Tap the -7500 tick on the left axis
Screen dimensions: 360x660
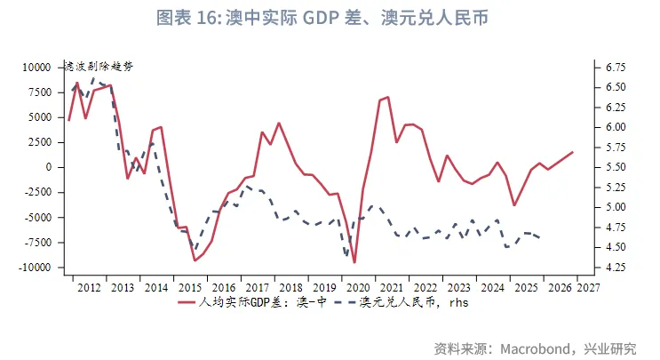point(40,243)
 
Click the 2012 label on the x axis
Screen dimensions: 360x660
point(89,287)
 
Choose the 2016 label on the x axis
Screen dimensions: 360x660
point(223,287)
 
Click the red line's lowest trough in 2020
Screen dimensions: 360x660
point(354,262)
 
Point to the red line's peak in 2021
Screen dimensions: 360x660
point(388,97)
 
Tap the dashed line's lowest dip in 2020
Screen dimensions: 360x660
point(346,255)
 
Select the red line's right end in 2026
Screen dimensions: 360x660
point(573,152)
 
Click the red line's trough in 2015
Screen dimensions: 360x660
point(195,260)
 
